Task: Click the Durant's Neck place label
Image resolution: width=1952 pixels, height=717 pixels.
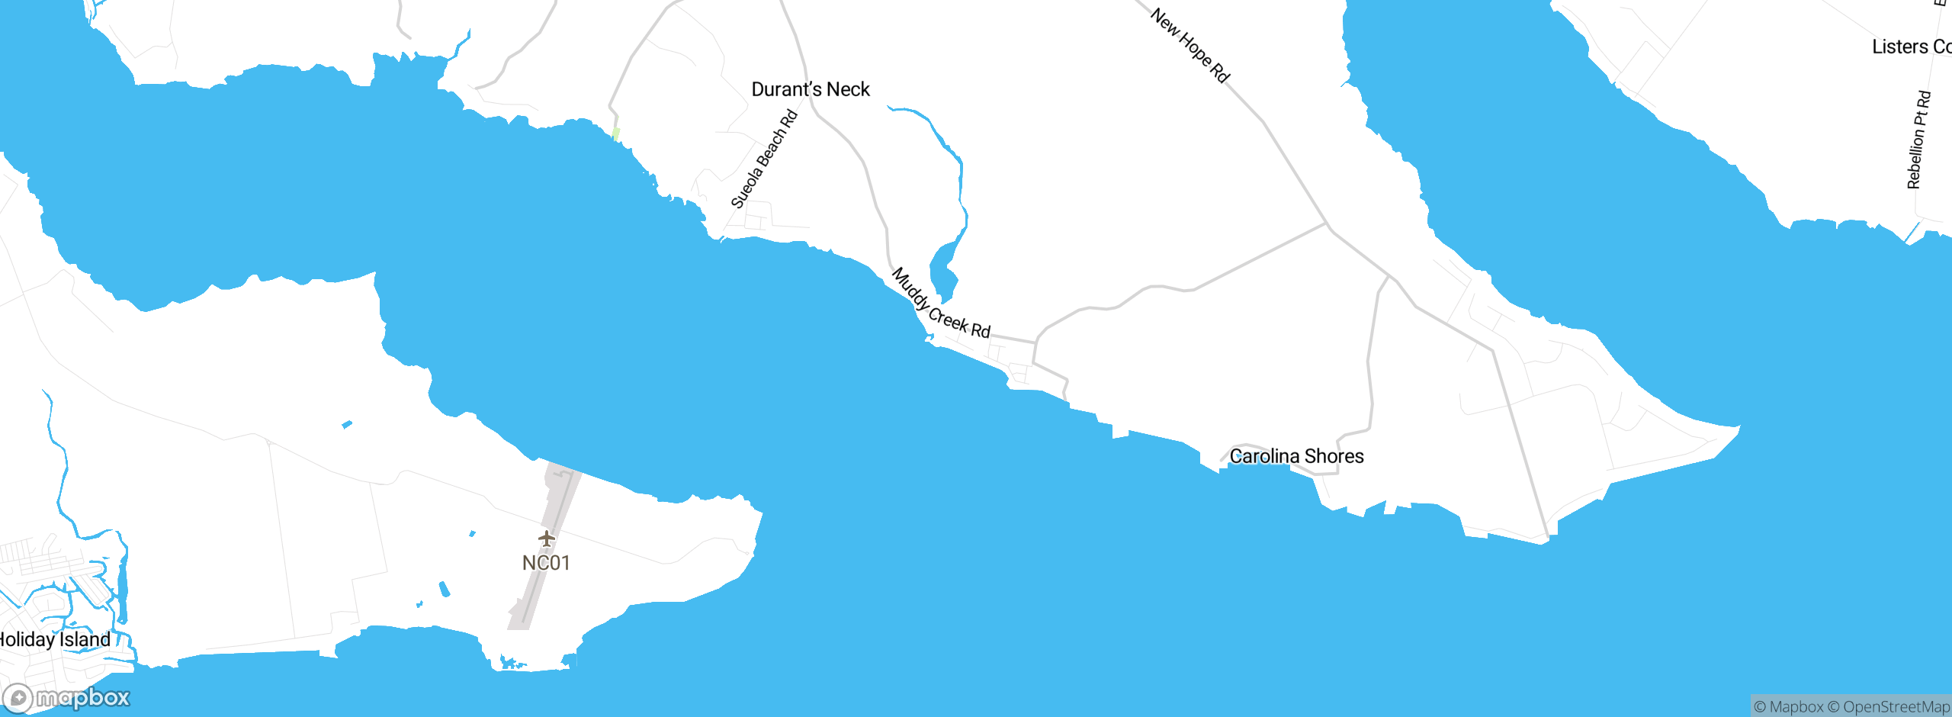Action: [811, 90]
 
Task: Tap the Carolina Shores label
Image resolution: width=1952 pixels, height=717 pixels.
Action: [1296, 456]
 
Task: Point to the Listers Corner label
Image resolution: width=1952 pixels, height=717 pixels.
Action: [1911, 47]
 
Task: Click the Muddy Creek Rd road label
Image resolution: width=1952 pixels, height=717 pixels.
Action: [940, 304]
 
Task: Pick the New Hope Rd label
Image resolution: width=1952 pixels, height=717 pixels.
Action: [1189, 45]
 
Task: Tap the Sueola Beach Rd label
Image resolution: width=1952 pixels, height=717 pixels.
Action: [764, 159]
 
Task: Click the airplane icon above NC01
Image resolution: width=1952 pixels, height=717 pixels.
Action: [546, 539]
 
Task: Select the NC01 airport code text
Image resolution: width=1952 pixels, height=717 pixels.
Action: [546, 563]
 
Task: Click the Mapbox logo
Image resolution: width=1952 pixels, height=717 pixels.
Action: [67, 698]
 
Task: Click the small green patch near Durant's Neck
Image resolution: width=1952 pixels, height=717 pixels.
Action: [616, 133]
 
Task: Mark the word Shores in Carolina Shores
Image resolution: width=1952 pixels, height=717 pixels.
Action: [1334, 456]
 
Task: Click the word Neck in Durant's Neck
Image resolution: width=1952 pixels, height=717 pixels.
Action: [848, 90]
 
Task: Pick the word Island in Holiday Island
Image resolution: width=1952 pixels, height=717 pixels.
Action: [85, 639]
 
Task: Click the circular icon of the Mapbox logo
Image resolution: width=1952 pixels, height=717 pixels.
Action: [18, 699]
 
